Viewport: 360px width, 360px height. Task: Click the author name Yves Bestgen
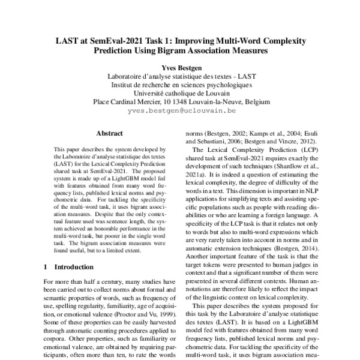[180, 68]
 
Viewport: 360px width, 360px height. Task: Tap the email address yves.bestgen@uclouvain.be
[180, 112]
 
